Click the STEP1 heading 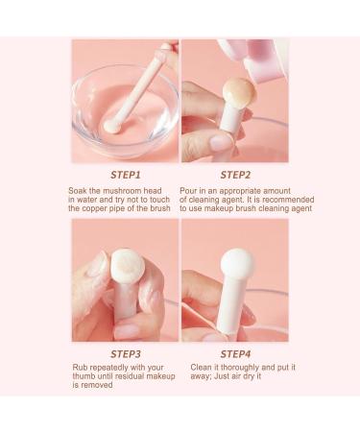125,175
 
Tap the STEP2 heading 235,175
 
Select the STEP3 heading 125,354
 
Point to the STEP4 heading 235,354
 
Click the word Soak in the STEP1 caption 83,190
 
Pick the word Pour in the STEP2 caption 192,190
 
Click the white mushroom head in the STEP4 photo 235,267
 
